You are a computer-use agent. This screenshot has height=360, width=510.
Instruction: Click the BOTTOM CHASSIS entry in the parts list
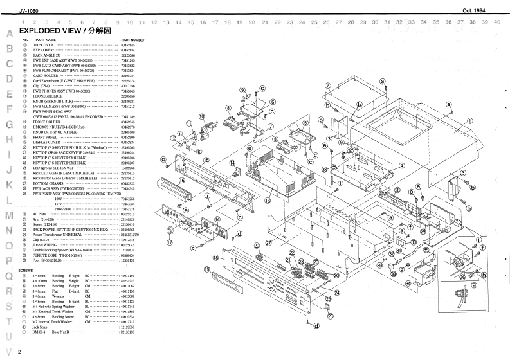[48, 183]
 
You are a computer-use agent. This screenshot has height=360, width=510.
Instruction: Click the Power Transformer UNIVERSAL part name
[64, 235]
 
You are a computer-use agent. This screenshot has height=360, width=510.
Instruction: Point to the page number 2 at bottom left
[19, 352]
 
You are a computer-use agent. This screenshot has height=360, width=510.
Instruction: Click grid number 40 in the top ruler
[497, 22]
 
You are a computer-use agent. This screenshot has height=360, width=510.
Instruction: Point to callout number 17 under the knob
[170, 244]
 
